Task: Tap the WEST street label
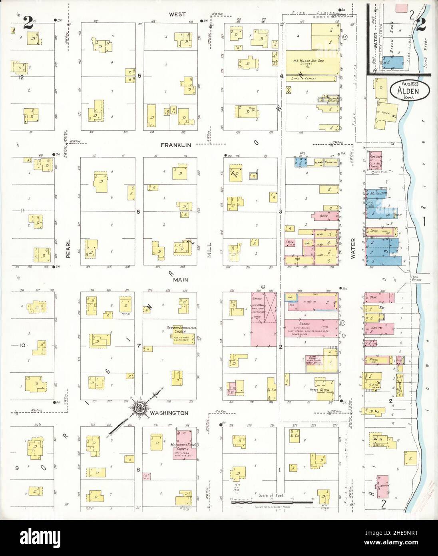click(x=177, y=14)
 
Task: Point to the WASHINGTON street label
click(x=172, y=412)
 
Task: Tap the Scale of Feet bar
click(x=271, y=501)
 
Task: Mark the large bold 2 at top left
click(x=28, y=22)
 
